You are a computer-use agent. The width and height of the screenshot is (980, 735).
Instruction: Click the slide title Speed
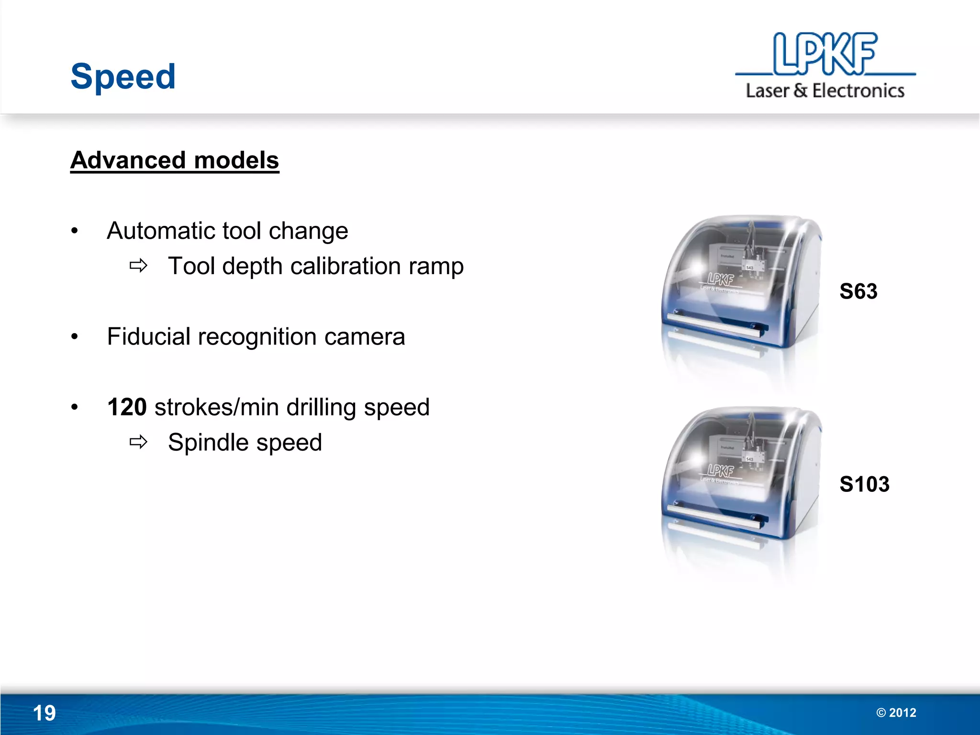click(123, 77)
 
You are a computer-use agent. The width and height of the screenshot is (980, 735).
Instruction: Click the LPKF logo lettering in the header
click(825, 54)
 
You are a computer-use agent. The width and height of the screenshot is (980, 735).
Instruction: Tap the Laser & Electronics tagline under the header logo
click(825, 91)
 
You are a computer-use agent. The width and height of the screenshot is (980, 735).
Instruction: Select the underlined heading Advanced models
click(175, 160)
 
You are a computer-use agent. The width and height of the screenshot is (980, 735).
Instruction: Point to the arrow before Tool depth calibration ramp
click(138, 266)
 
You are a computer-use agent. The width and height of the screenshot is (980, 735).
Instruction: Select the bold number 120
click(127, 407)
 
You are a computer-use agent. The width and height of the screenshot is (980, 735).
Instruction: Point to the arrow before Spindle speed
click(138, 442)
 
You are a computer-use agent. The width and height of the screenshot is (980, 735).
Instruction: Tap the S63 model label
click(858, 291)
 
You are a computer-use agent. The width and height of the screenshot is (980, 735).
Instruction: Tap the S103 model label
click(864, 484)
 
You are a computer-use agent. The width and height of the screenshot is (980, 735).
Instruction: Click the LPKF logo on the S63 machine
click(721, 279)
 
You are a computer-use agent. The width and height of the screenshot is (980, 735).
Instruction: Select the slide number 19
click(44, 713)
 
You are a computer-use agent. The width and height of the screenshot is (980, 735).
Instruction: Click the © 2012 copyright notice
click(896, 713)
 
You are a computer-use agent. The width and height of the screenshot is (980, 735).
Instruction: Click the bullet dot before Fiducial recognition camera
click(74, 337)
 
